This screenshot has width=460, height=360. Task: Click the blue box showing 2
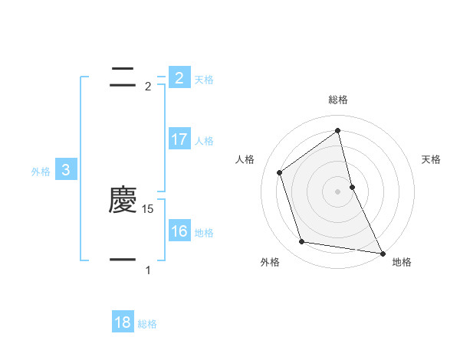[x=179, y=77]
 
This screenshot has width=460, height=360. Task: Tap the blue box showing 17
[x=179, y=139]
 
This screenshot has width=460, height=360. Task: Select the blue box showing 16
[x=179, y=231]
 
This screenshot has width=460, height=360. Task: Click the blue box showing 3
[x=66, y=170]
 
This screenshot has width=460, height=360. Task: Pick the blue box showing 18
[x=123, y=322]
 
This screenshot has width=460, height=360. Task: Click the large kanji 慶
[x=123, y=201]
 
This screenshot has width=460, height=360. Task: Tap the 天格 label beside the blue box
[x=204, y=80]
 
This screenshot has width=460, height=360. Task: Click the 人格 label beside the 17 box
[x=204, y=141]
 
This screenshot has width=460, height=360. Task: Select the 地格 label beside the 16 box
[x=204, y=233]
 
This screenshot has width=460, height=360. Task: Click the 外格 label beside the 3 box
[x=41, y=172]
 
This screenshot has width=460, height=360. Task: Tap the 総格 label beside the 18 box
[x=147, y=325]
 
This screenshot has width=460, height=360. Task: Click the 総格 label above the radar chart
[x=338, y=100]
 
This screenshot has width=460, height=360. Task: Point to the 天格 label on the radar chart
[x=432, y=159]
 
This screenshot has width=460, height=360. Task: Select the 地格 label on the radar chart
[x=402, y=263]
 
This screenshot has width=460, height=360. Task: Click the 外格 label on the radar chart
[x=270, y=263]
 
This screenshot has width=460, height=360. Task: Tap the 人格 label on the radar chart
[x=245, y=159]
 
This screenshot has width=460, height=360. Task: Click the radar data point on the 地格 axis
[x=381, y=252]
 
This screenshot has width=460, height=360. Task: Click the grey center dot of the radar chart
[x=338, y=191]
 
